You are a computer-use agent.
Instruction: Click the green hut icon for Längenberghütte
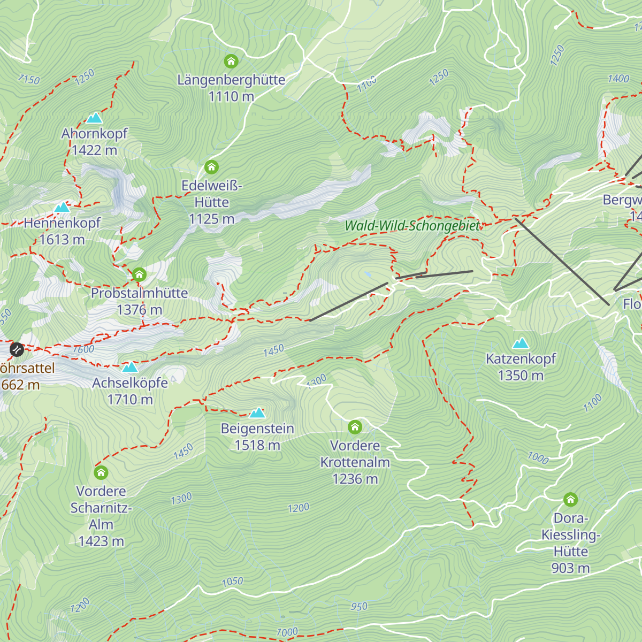231,62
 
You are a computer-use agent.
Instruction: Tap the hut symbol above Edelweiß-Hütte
212,167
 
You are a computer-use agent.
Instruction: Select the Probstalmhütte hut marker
139,275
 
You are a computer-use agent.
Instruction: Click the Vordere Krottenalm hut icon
355,427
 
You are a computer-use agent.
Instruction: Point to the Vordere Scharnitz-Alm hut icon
101,472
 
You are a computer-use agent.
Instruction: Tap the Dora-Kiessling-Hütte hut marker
570,500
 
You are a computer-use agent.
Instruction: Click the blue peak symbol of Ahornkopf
94,118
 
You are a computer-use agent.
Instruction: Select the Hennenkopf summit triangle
62,207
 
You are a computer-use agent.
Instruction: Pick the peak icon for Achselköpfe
130,367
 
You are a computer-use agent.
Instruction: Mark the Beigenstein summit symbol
257,412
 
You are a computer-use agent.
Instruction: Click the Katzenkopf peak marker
521,343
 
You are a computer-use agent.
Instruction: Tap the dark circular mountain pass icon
17,349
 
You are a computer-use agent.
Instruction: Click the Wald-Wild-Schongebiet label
412,226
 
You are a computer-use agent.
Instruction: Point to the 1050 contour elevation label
232,582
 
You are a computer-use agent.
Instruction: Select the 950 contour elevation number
359,606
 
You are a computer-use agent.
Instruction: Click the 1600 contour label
83,349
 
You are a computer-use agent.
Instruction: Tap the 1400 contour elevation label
618,79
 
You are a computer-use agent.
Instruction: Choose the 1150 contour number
29,79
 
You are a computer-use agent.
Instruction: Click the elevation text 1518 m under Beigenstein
257,445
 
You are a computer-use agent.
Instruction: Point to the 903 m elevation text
570,568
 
